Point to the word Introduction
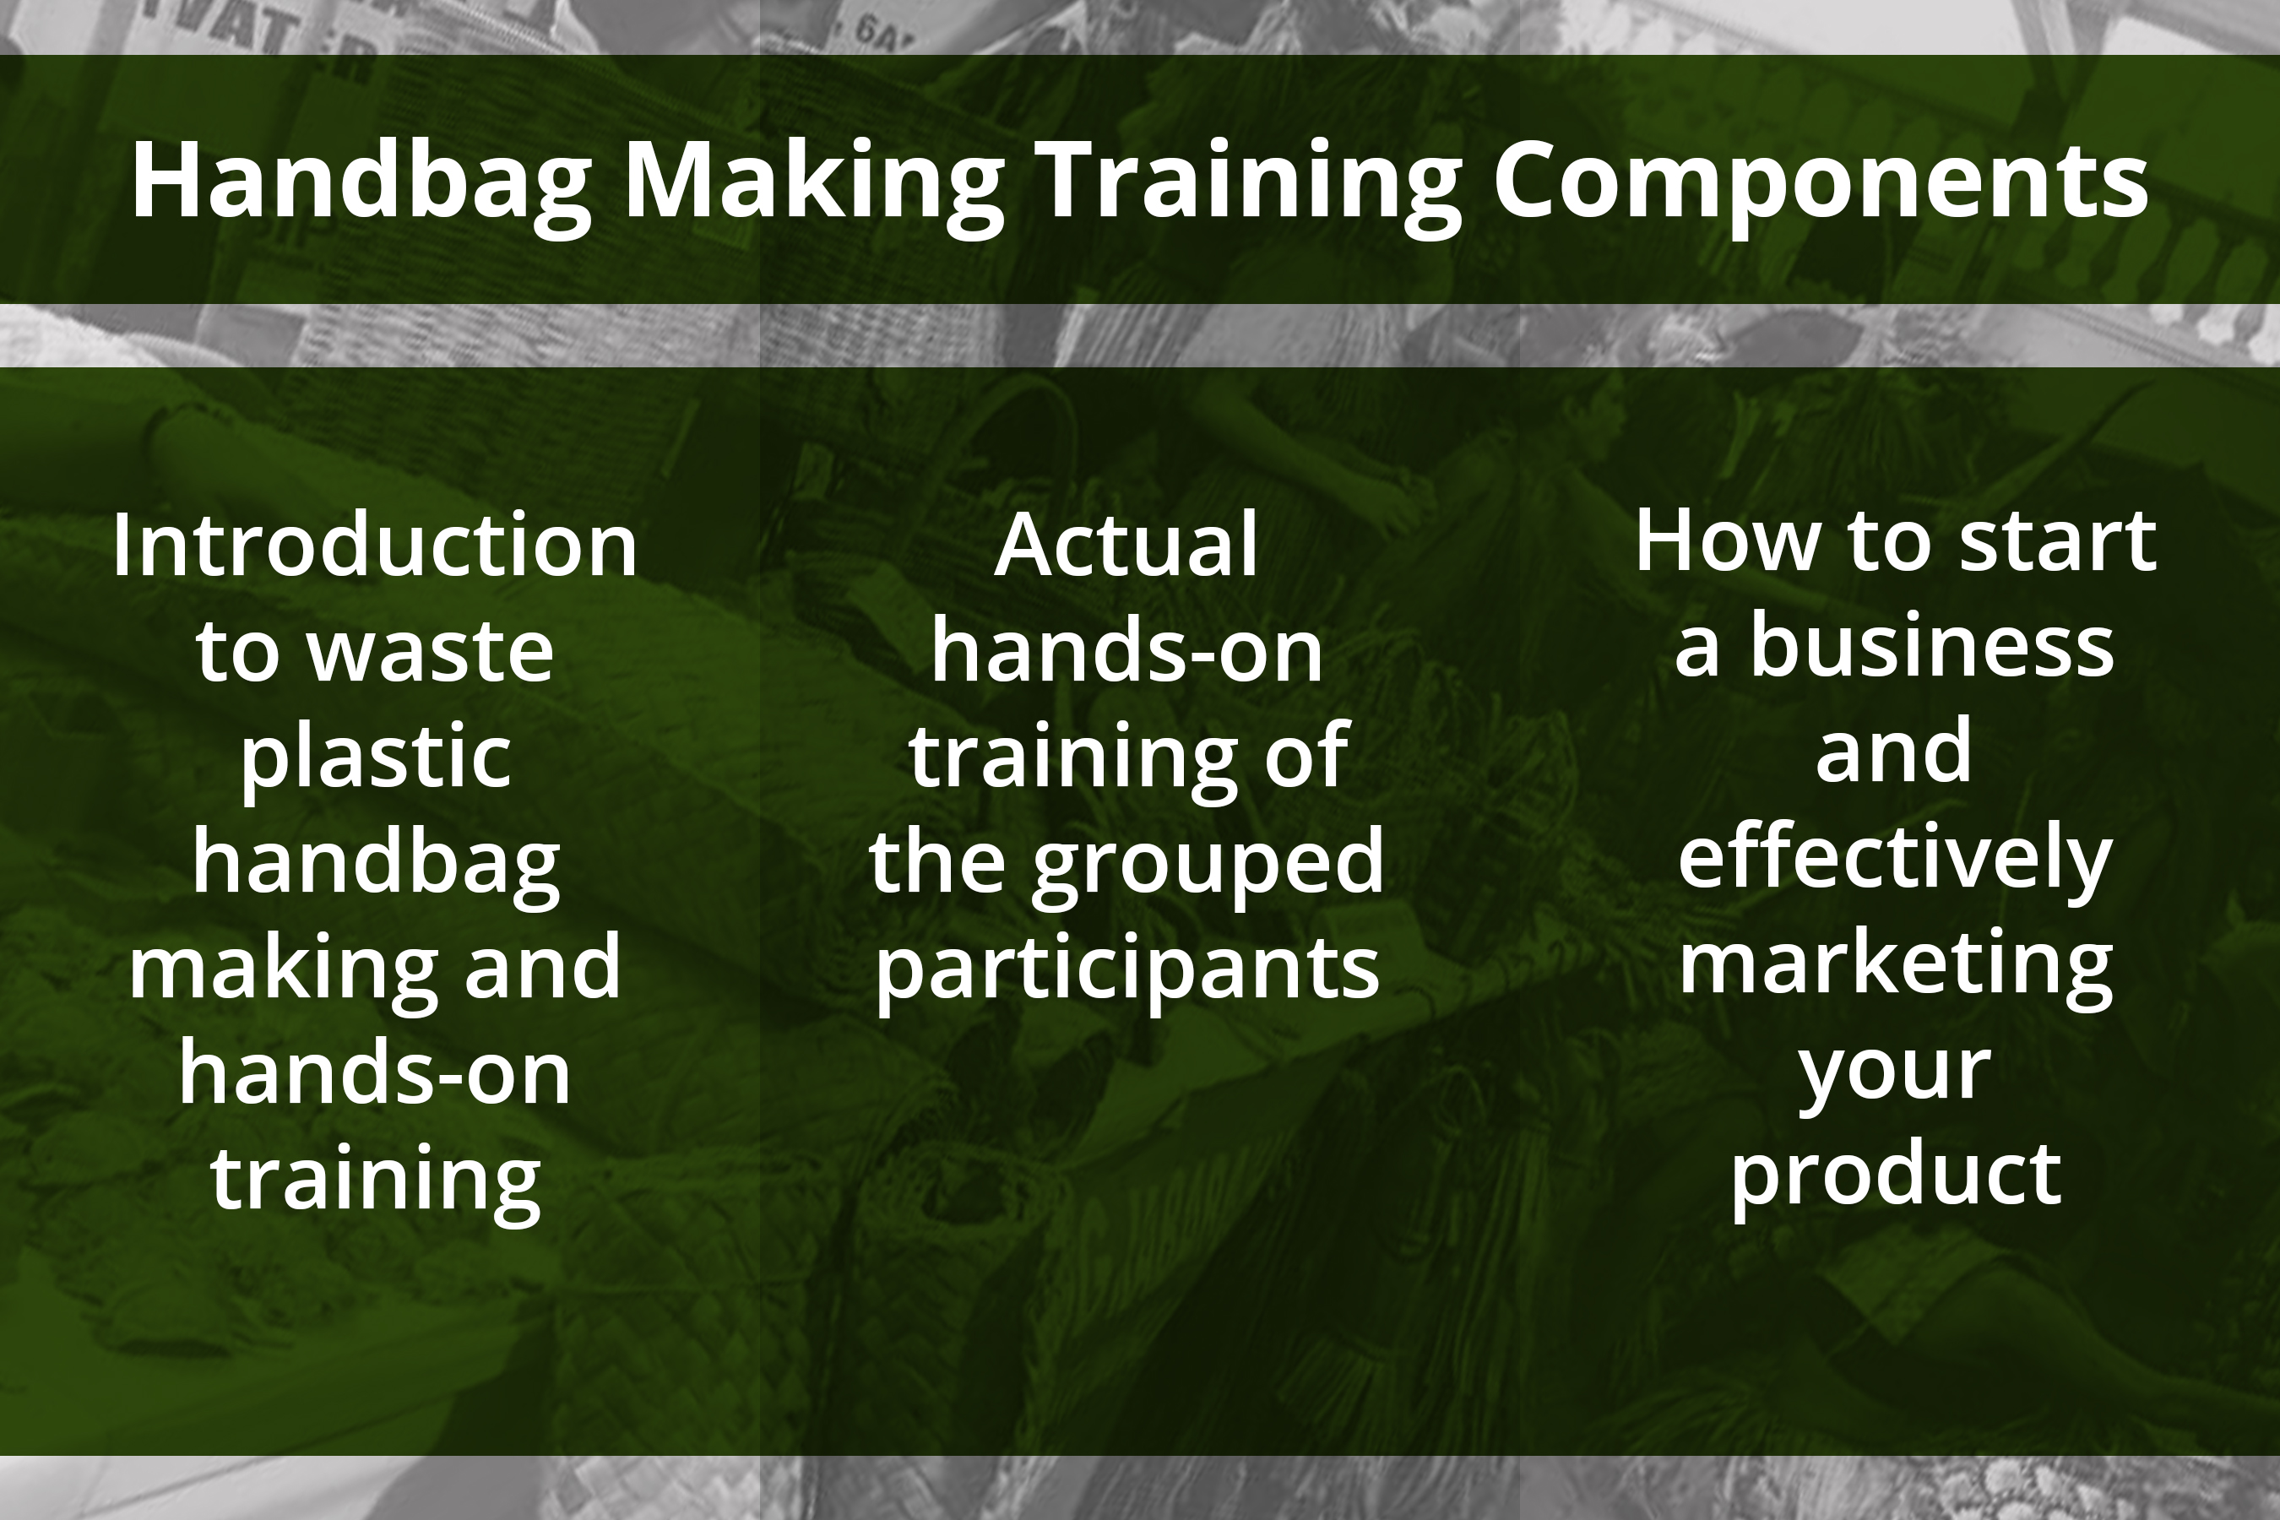click(x=374, y=545)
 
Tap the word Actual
click(x=1126, y=545)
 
